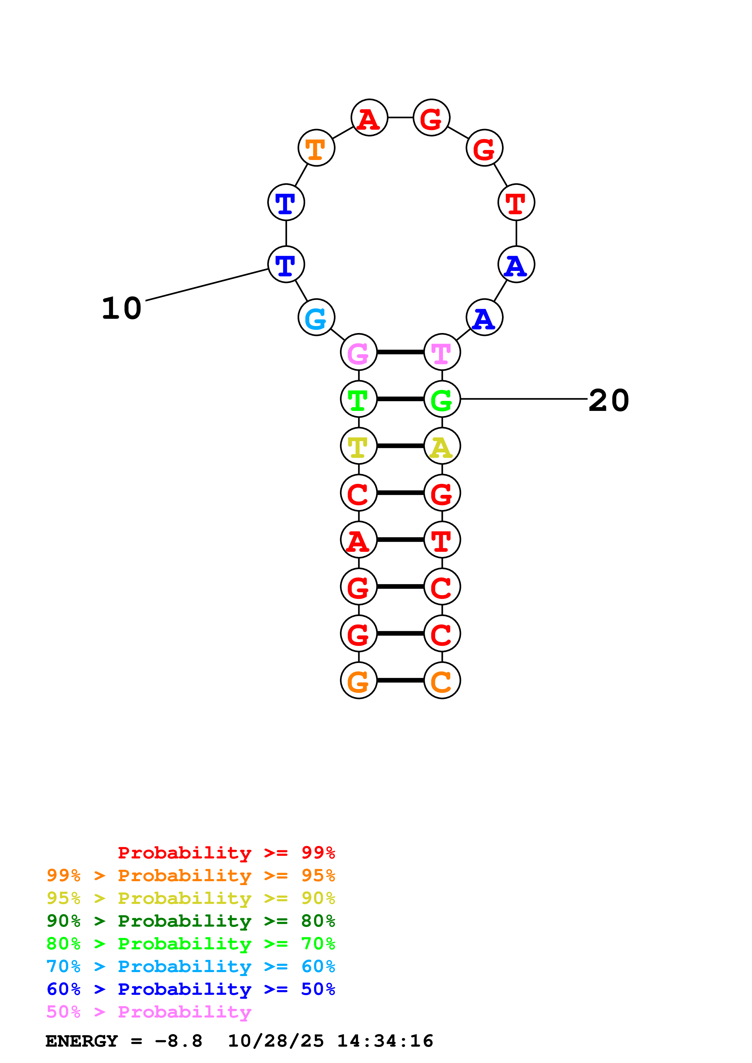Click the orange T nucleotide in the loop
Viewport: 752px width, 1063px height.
[x=316, y=148]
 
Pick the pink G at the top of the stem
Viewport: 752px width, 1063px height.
[x=359, y=352]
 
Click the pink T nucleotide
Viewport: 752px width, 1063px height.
[x=442, y=352]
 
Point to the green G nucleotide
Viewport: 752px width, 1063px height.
[x=442, y=399]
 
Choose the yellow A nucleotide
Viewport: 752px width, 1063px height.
[x=442, y=446]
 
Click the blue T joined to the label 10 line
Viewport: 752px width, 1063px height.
[x=286, y=265]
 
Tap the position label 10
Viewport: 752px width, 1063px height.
[x=121, y=309]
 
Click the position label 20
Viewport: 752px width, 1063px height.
[x=609, y=401]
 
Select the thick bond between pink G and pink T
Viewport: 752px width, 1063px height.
[x=400, y=352]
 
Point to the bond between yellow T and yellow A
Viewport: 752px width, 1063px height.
[x=400, y=446]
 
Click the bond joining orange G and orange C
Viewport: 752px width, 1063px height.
[x=400, y=681]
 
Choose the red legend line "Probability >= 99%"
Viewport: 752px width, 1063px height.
[x=226, y=853]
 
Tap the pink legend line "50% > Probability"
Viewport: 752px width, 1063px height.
[x=149, y=1012]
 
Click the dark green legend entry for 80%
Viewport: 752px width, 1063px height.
[x=191, y=921]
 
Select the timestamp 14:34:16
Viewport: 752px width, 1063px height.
[x=385, y=1041]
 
